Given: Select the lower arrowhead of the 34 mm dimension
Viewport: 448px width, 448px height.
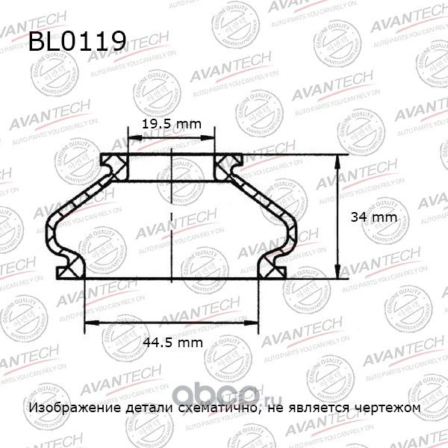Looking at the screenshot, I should pyautogui.click(x=337, y=274).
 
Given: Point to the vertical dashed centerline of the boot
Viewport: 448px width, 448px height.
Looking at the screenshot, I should pyautogui.click(x=172, y=217).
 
